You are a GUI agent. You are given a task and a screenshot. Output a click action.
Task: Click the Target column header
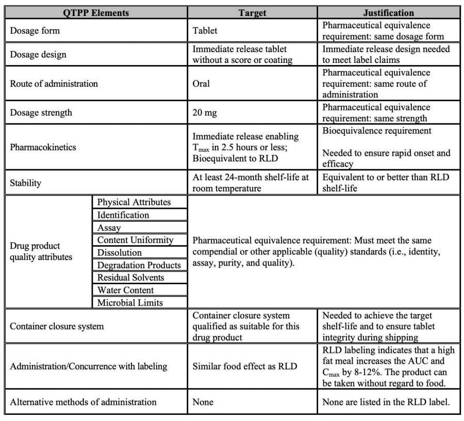point(252,12)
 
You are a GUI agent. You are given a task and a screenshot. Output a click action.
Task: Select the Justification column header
point(388,12)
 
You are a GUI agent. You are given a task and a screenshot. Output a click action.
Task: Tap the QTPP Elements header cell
point(96,12)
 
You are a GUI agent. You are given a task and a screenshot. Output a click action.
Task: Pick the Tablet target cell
point(205,30)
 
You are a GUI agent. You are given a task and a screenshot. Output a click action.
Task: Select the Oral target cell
point(202,84)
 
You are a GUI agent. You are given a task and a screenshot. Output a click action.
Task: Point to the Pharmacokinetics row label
point(43,147)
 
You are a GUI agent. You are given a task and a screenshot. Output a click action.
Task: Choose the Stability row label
point(25,182)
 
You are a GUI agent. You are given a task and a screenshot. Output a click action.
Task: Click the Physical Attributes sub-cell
point(134,202)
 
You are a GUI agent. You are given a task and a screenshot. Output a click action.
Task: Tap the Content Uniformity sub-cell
point(136,240)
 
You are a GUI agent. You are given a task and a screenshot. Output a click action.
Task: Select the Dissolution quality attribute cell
point(119,253)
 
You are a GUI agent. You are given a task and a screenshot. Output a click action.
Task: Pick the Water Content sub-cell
point(125,290)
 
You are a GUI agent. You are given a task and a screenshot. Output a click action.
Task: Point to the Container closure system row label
point(57,326)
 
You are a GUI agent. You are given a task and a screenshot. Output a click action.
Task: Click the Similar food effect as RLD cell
point(245,367)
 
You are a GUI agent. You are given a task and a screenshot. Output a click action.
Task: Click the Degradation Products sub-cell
point(139,265)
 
